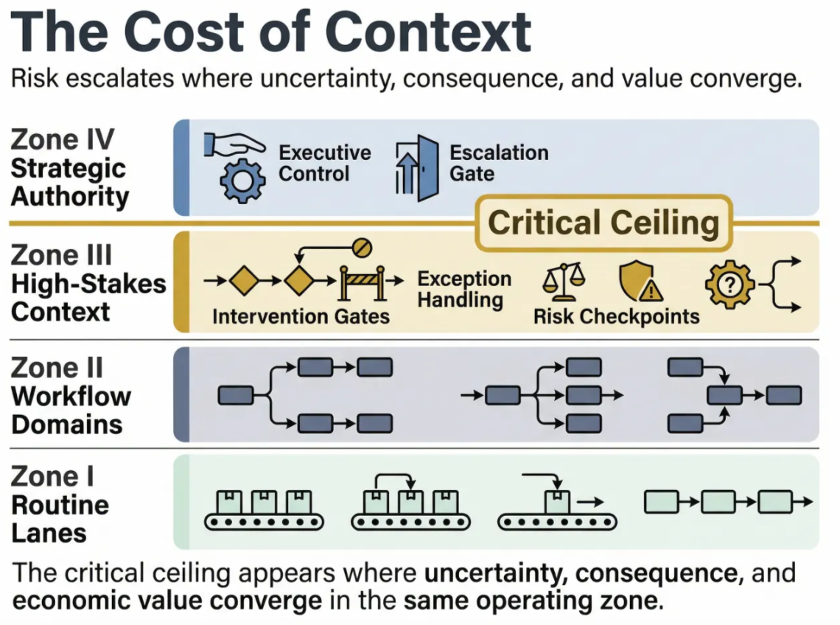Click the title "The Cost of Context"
272,33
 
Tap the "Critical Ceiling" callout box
603,223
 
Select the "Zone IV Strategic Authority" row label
70,168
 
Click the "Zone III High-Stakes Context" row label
88,283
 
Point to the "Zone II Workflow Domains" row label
71,396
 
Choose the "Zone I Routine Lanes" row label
60,505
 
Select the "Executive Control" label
324,164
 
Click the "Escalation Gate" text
499,163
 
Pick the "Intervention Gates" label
301,316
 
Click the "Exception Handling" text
464,290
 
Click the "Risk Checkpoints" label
616,316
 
